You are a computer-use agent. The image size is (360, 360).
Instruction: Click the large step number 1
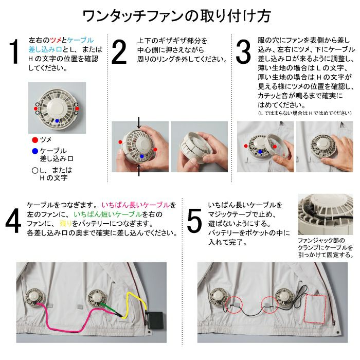(14, 51)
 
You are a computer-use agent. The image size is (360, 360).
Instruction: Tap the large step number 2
(119, 52)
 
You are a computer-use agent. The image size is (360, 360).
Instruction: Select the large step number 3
(243, 52)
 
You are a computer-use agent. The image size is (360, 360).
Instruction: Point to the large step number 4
(13, 221)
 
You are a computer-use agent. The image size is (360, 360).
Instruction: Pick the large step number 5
(194, 221)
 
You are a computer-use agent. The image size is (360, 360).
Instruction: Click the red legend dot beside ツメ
(35, 140)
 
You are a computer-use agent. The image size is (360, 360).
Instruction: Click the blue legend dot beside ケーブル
(35, 151)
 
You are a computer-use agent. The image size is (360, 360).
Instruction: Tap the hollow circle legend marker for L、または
(35, 171)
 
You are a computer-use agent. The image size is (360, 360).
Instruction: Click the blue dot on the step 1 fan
(57, 121)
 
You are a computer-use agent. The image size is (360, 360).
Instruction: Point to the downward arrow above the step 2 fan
(139, 122)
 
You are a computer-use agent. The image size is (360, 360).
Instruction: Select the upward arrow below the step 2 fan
(139, 170)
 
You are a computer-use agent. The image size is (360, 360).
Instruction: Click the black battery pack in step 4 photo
(155, 321)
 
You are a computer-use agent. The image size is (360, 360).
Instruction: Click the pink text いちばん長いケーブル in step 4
(136, 205)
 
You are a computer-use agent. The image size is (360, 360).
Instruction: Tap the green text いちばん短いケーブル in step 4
(107, 214)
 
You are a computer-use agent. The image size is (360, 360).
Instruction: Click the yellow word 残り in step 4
(66, 223)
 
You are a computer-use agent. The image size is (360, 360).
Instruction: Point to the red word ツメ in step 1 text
(56, 40)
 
